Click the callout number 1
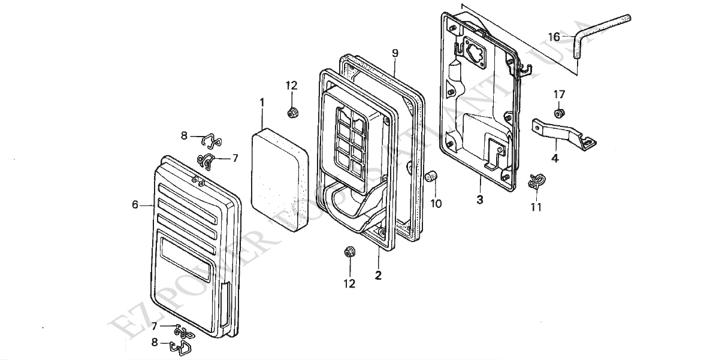coord(262,103)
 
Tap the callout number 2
coord(378,276)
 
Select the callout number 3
coord(479,200)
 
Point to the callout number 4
coord(555,159)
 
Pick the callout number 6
coord(135,205)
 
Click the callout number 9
coord(395,53)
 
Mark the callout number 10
coord(436,204)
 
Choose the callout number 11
coord(536,207)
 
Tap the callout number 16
coord(554,37)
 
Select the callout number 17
coord(559,94)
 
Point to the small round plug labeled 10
coord(430,177)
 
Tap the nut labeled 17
coord(559,112)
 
